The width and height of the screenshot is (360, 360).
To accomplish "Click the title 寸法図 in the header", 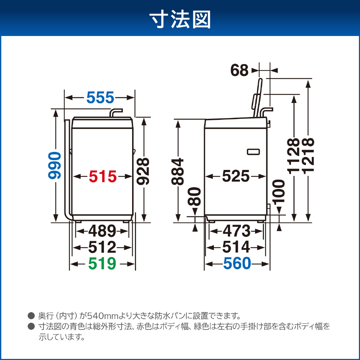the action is pos(180,20).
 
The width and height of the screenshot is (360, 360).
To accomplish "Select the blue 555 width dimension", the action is pos(100,97).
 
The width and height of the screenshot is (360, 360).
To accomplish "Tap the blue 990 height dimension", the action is pos(55,165).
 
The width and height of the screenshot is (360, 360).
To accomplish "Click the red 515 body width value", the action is pos(103,176).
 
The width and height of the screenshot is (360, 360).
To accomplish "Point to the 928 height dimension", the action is pos(143,171).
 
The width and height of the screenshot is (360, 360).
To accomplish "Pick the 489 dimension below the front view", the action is pos(102,231).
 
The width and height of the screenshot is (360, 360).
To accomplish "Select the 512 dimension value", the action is pos(102,247).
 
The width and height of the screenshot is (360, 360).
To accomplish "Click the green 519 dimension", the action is pos(102,264).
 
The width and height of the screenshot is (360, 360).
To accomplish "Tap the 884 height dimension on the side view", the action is pos(178,171).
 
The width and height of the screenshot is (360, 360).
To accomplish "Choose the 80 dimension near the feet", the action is pos(194,196).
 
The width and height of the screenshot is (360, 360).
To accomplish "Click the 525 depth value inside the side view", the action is pos(236,176).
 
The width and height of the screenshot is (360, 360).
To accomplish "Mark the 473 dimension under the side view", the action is pos(237,231).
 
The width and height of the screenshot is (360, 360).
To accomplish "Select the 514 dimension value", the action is pos(236,247).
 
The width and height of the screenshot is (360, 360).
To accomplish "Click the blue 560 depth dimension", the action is pos(237,264).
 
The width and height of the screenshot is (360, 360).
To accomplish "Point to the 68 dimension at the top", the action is pos(239,70).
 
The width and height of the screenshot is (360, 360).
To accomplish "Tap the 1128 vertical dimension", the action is pos(293,156).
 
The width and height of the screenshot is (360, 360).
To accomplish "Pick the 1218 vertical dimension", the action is pos(308,156).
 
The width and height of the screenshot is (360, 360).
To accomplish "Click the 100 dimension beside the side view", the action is pos(279,192).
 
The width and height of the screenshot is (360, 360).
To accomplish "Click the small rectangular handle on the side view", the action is pos(253,152).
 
